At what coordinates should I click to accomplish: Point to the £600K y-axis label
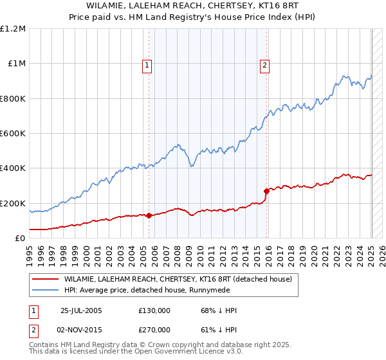tap(13, 134)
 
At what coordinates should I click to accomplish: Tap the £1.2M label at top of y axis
tap(13, 29)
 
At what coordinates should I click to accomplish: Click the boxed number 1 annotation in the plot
tap(147, 64)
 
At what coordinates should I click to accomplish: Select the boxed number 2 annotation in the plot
tap(264, 64)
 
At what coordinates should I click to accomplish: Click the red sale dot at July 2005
tap(149, 215)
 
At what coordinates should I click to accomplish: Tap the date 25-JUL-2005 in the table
tap(81, 310)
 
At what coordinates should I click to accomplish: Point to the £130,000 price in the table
tap(154, 310)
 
